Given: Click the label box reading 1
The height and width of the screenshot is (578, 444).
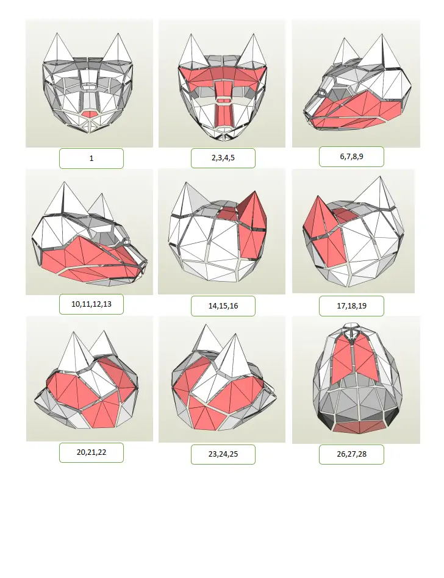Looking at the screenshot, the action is pyautogui.click(x=91, y=159).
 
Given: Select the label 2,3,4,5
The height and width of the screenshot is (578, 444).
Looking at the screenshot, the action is pyautogui.click(x=223, y=158).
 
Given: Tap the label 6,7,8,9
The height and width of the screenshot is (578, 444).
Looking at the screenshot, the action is pyautogui.click(x=351, y=157).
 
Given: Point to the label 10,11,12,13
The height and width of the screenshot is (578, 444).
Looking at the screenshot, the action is pyautogui.click(x=91, y=304).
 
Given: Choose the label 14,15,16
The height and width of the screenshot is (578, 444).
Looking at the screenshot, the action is pyautogui.click(x=223, y=306).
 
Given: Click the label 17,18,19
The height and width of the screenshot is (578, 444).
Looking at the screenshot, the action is pyautogui.click(x=351, y=306).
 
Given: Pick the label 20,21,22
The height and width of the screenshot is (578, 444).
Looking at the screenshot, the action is pyautogui.click(x=91, y=452).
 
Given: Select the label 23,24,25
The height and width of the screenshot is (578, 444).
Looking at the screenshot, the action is pyautogui.click(x=223, y=454).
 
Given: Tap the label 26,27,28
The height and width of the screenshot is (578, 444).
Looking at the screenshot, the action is pyautogui.click(x=351, y=454).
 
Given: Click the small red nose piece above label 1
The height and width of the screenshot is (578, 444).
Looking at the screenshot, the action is pyautogui.click(x=89, y=114).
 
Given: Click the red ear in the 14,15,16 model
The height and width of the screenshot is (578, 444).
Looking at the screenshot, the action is pyautogui.click(x=252, y=223).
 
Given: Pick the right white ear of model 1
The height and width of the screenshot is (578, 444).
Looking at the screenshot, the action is pyautogui.click(x=118, y=48).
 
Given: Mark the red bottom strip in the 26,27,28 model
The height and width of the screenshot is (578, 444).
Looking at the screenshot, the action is pyautogui.click(x=360, y=427).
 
